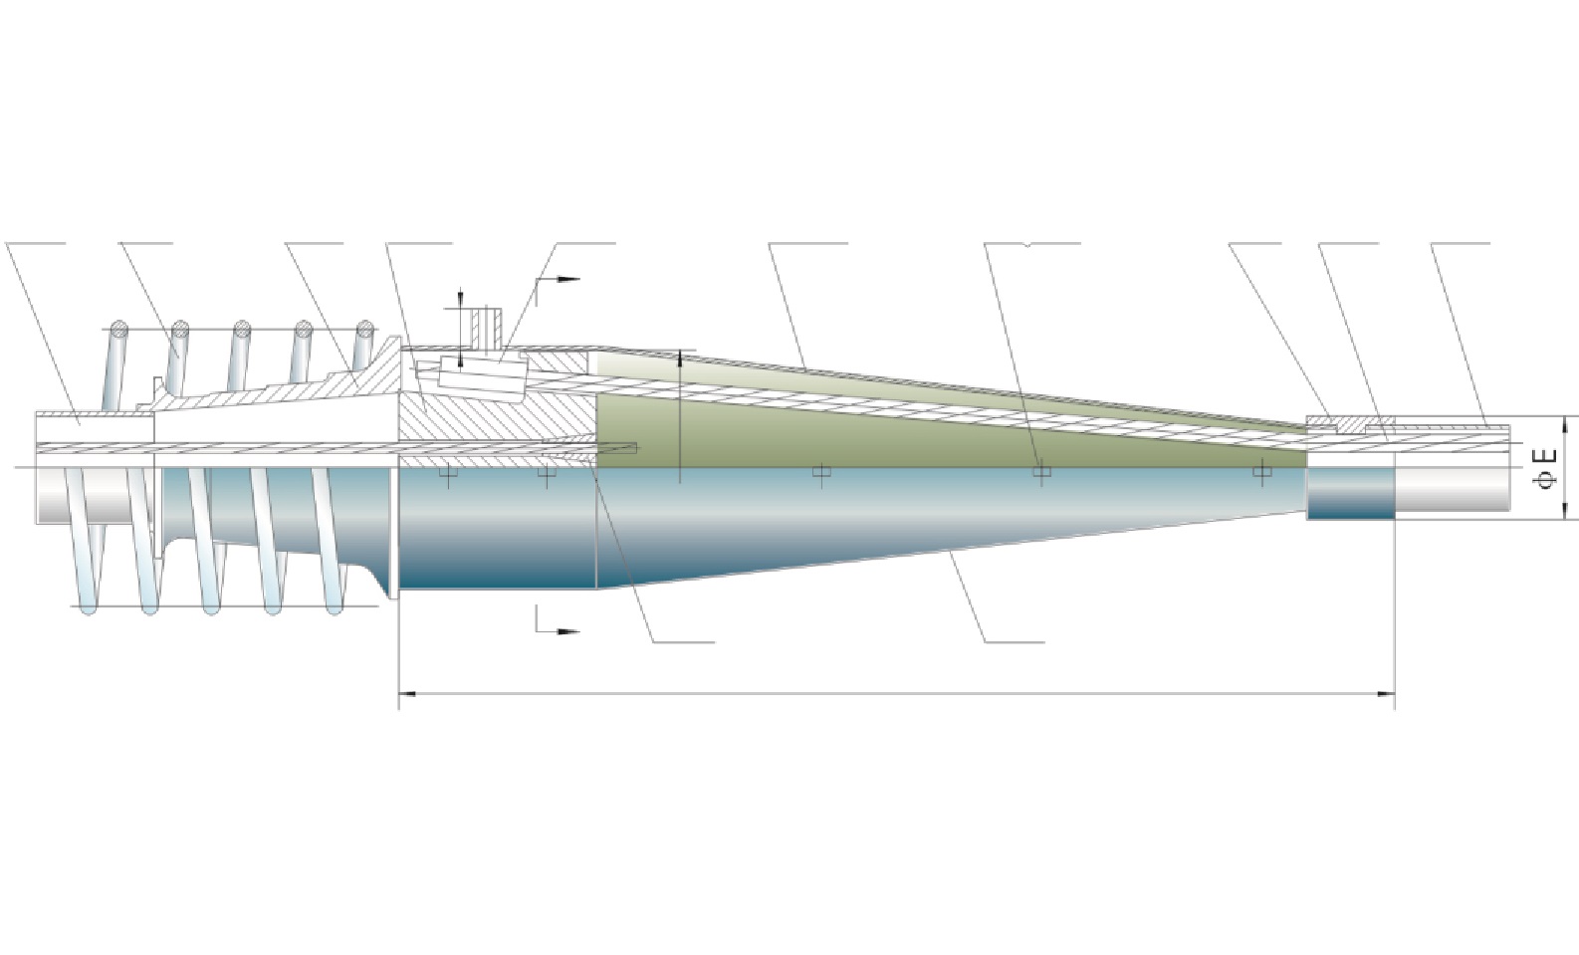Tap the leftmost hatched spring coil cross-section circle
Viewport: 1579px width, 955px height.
[x=119, y=329]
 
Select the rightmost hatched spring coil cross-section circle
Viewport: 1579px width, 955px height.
[x=364, y=329]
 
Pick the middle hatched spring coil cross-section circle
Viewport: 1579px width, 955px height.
[x=243, y=329]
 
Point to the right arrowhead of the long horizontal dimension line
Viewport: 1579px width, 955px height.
[x=1387, y=694]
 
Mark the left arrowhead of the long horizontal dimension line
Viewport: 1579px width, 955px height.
[x=408, y=694]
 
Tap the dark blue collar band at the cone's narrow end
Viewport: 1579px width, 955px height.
[x=1351, y=493]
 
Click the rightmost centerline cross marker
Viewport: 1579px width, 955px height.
[x=1261, y=471]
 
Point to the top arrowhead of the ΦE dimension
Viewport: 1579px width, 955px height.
[x=1564, y=424]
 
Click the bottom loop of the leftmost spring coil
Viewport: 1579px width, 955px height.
[x=88, y=605]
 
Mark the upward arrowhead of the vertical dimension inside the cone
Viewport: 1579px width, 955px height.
[x=680, y=358]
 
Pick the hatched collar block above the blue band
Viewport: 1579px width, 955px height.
[x=1350, y=425]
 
